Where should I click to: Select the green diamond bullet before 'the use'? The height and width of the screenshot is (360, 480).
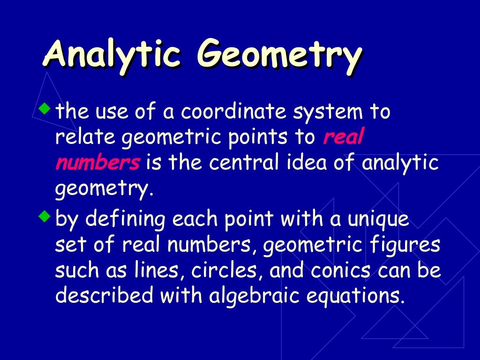coord(45,110)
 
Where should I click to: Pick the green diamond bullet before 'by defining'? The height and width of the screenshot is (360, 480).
coord(45,217)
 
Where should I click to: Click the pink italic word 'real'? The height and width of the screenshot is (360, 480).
coord(344,137)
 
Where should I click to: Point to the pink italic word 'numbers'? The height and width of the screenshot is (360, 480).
coord(97,163)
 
